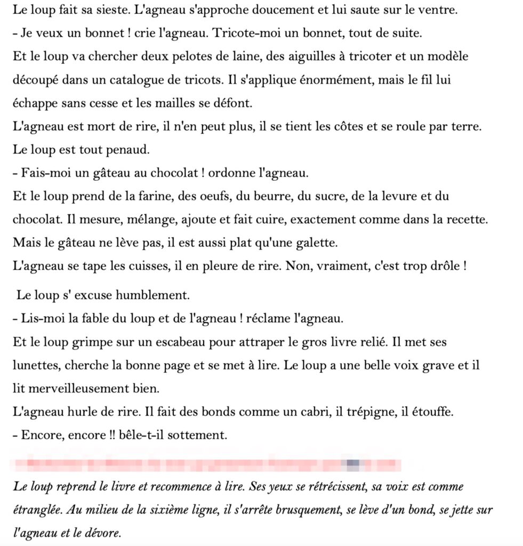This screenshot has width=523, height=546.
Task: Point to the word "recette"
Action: [x=469, y=219]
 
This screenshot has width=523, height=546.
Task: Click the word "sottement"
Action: [x=199, y=435]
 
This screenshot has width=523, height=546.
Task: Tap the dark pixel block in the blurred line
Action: [x=352, y=463]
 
